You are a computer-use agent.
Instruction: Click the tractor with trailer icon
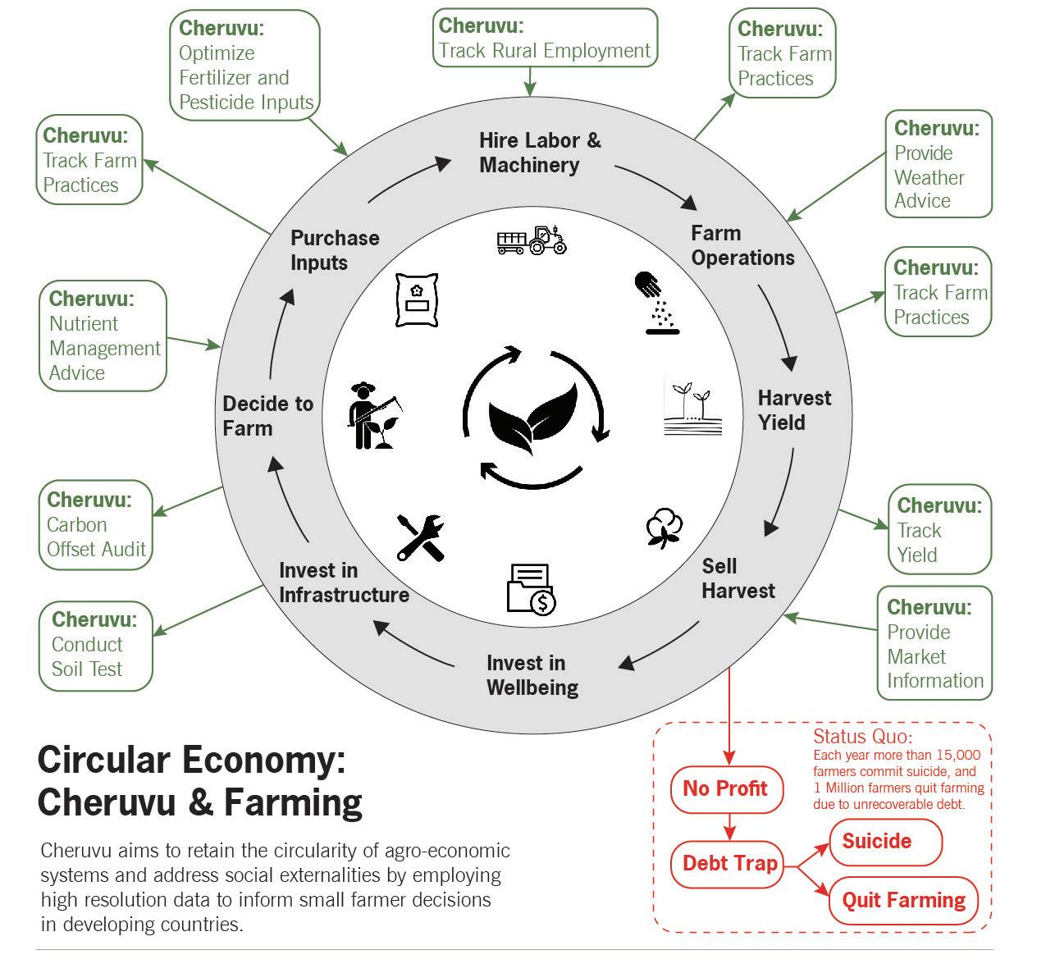(532, 240)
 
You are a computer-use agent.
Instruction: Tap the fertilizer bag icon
(416, 300)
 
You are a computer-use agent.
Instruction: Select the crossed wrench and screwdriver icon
(420, 537)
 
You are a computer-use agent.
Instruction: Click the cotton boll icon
(664, 528)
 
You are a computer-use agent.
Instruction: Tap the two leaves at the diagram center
(533, 416)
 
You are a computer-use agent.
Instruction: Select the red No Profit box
(727, 789)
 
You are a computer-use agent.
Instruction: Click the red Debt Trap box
(729, 863)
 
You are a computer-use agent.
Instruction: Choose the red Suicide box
(884, 842)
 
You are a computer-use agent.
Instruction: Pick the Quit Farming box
(903, 900)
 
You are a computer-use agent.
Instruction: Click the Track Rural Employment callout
(545, 38)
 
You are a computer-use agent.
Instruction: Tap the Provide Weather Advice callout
(938, 164)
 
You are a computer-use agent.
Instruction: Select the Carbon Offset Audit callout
(97, 525)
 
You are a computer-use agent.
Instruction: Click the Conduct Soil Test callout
(95, 645)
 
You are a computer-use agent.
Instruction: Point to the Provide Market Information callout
(934, 643)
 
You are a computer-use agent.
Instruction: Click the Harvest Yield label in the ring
(793, 410)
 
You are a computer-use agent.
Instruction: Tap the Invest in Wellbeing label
(532, 674)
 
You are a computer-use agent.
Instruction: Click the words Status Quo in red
(862, 736)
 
